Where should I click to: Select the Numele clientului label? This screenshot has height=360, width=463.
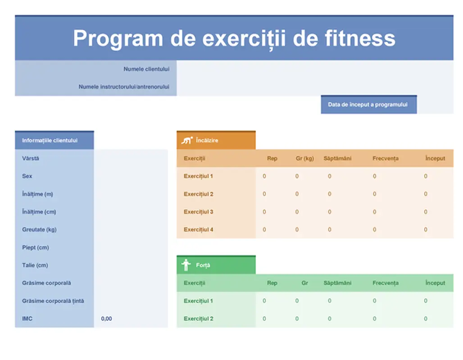pyautogui.click(x=146, y=69)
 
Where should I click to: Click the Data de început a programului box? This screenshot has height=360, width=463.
pyautogui.click(x=368, y=104)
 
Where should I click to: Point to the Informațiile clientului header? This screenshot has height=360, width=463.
pyautogui.click(x=50, y=140)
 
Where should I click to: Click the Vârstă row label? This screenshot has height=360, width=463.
pyautogui.click(x=31, y=158)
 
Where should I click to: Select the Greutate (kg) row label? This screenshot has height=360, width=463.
pyautogui.click(x=39, y=229)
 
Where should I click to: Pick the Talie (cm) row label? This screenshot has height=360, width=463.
pyautogui.click(x=35, y=265)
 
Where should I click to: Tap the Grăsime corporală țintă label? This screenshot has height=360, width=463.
pyautogui.click(x=53, y=301)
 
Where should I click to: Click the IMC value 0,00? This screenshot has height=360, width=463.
pyautogui.click(x=106, y=319)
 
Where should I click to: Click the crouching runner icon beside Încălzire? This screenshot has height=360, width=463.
pyautogui.click(x=186, y=140)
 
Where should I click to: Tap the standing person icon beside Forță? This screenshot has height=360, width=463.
pyautogui.click(x=186, y=265)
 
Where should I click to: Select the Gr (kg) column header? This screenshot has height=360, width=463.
pyautogui.click(x=304, y=158)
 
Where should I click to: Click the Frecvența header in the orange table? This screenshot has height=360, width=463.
pyautogui.click(x=385, y=158)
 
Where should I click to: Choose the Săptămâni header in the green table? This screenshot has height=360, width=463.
pyautogui.click(x=337, y=283)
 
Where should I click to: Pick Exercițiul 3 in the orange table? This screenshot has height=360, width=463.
pyautogui.click(x=198, y=211)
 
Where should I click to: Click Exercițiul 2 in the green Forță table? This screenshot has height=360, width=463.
pyautogui.click(x=198, y=319)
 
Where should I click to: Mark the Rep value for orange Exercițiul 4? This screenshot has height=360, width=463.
pyautogui.click(x=264, y=229)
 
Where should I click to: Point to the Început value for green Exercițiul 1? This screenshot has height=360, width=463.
pyautogui.click(x=426, y=301)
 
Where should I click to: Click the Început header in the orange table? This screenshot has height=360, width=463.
pyautogui.click(x=435, y=158)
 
